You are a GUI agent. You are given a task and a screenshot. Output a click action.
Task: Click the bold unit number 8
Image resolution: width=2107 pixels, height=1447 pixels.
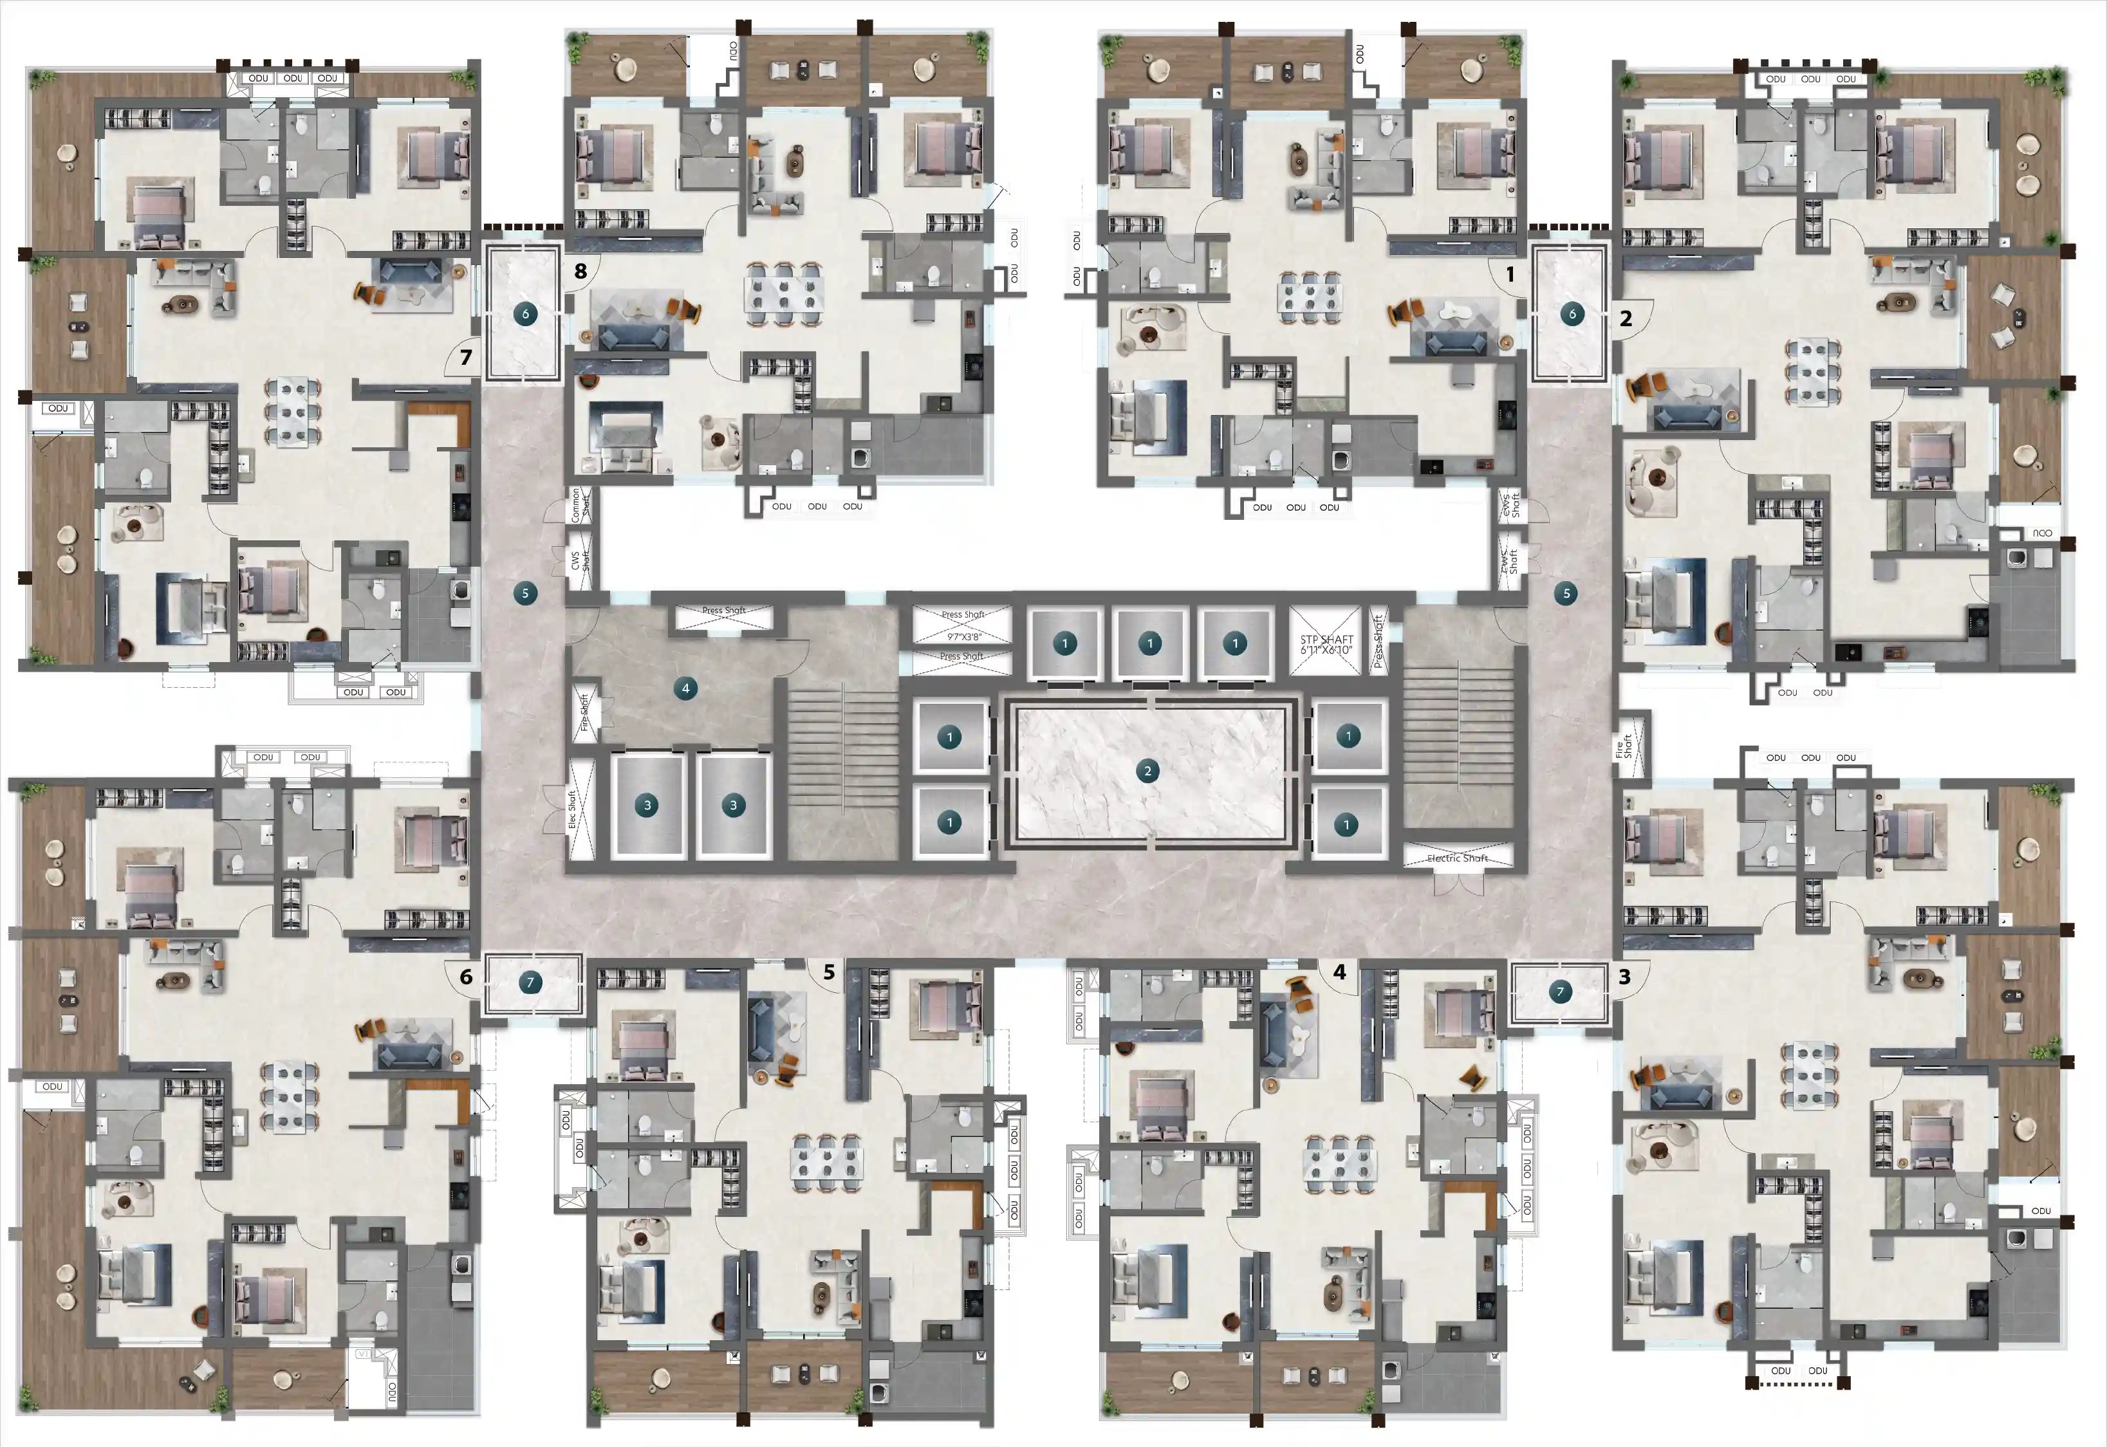[x=580, y=271]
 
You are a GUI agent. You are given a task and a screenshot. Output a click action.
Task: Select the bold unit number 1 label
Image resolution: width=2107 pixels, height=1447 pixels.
[x=1510, y=274]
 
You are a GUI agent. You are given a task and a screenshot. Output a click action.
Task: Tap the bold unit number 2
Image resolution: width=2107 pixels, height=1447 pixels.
[x=1626, y=318]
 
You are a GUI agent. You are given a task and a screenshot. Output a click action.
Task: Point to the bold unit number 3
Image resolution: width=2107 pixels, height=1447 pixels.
[x=1624, y=977]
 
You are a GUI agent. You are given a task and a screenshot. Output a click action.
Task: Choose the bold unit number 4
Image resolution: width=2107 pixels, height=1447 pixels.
[x=1339, y=972]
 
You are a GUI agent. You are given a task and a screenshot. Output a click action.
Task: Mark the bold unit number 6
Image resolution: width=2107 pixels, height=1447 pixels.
[x=466, y=977]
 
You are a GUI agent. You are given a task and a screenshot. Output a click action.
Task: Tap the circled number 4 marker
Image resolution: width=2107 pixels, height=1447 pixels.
[x=685, y=688]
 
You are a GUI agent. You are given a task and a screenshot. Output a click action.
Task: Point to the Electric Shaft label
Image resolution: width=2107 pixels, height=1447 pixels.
[x=1457, y=858]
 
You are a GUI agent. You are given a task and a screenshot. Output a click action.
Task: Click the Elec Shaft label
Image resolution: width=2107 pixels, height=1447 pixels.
[x=573, y=809]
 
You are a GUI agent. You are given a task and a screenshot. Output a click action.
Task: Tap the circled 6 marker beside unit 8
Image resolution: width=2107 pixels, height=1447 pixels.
[x=525, y=314]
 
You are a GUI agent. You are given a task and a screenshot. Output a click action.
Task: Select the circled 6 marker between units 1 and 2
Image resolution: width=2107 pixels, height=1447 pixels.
[x=1572, y=314]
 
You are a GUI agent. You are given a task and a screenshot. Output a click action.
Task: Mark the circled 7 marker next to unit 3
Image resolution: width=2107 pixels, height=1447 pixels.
[x=1561, y=992]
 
